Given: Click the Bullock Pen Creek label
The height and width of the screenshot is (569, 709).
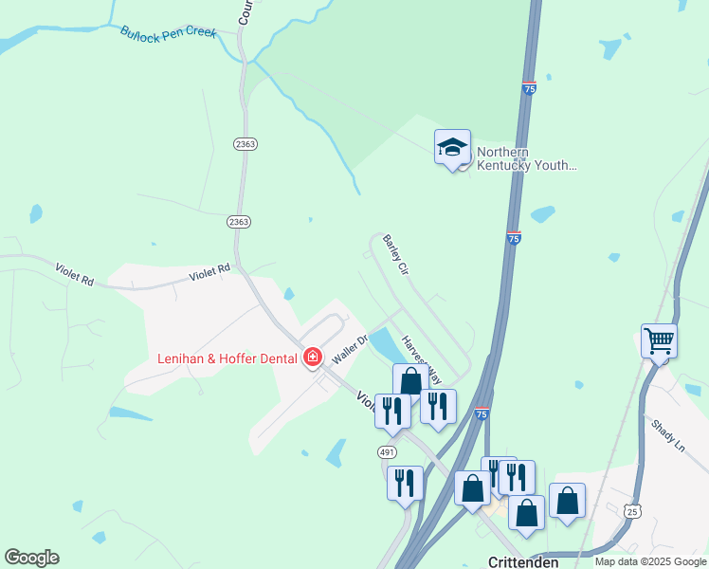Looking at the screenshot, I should (x=169, y=32).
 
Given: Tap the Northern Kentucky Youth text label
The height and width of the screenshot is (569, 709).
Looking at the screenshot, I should (x=526, y=158).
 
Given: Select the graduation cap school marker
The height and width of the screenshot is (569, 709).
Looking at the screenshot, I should (x=452, y=147).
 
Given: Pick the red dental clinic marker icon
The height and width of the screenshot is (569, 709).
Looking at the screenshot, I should (x=313, y=358).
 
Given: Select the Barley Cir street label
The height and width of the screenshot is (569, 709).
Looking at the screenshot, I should (x=395, y=254).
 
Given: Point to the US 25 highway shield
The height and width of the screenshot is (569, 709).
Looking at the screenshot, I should (x=632, y=511).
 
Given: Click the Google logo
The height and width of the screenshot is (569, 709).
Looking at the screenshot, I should (x=31, y=558).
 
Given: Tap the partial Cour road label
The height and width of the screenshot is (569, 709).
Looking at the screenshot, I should (x=245, y=11).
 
